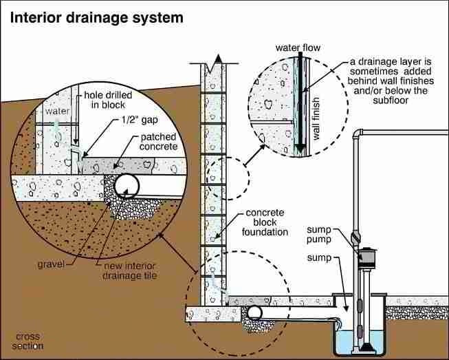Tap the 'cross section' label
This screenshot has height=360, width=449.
[28, 341]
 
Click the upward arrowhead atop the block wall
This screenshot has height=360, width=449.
[218, 60]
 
